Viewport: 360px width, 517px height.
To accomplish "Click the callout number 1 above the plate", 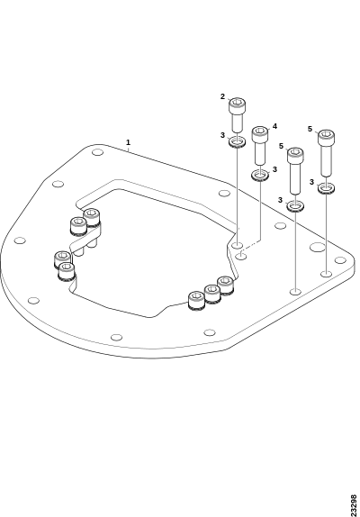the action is coord(128,142).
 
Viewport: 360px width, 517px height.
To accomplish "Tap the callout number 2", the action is coord(222,96).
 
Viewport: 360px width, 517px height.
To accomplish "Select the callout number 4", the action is coord(274,126).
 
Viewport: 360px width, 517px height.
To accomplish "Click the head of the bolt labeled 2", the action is coord(237,104).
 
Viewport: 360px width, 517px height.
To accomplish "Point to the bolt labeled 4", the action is coord(260,144).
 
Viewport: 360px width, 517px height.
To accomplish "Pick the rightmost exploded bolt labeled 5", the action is coord(326,152).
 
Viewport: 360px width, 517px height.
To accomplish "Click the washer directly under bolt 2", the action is coord(237,142).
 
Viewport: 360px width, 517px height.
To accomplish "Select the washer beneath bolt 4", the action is coord(260,175).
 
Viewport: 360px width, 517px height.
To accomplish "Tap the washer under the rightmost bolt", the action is coord(326,188).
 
